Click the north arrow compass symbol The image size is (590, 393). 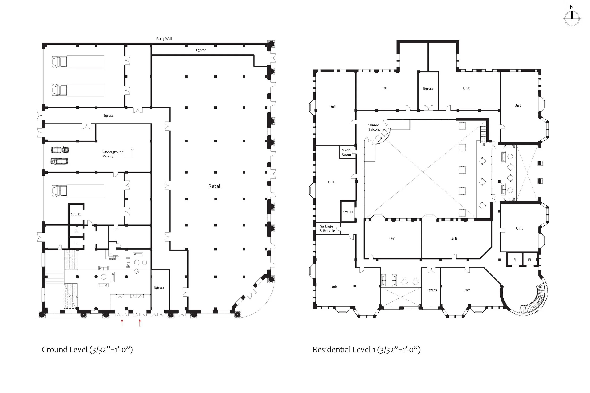coord(572,18)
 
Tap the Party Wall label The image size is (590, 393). coord(164,39)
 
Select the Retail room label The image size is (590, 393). coord(215,186)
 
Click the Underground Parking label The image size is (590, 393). coord(113,154)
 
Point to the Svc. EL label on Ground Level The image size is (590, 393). coord(76,214)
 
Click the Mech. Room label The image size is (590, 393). coord(346,152)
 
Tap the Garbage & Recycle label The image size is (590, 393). coord(327,228)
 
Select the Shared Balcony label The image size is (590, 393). coord(374,127)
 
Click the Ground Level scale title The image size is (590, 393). coord(87,350)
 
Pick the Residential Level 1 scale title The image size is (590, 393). coord(366,350)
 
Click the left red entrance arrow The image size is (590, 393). coord(122,323)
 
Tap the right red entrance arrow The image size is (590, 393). coord(140,323)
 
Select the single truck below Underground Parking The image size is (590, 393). coord(78,191)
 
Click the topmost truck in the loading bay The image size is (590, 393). coord(78,62)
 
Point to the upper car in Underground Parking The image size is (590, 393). coord(60,150)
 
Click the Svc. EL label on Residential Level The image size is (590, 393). coord(348,212)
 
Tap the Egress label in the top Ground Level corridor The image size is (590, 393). coord(201,50)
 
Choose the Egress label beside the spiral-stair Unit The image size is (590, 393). coord(431,290)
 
